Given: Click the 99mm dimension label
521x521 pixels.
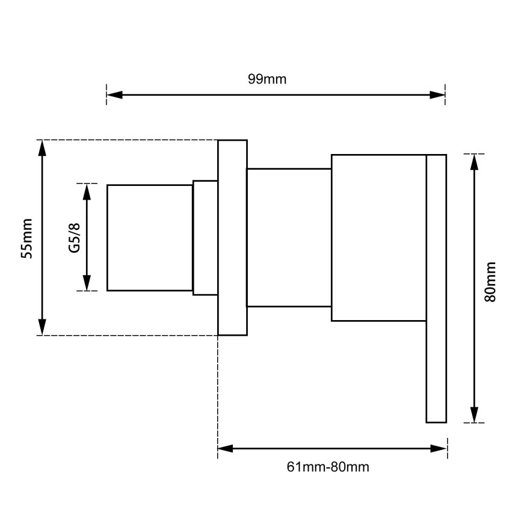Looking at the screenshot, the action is (x=267, y=79).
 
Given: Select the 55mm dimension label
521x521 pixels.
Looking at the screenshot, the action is (x=26, y=238).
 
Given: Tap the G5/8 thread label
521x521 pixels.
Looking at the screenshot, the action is (x=75, y=238).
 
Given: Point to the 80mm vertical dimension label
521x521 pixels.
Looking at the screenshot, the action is (x=490, y=282).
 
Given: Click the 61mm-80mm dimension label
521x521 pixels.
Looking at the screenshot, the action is (x=328, y=467).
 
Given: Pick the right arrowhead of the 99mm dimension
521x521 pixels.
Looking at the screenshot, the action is (x=437, y=94).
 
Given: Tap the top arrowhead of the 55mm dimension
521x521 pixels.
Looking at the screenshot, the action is (x=42, y=148).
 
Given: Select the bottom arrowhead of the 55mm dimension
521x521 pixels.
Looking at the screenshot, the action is (x=42, y=327).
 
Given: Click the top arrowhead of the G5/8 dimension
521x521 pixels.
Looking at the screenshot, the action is (x=87, y=192).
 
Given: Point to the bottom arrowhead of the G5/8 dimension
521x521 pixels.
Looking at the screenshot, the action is (x=87, y=283).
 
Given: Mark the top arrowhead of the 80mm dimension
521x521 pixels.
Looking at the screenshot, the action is (x=475, y=162).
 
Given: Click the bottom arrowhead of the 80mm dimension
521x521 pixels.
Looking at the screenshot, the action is (x=475, y=415).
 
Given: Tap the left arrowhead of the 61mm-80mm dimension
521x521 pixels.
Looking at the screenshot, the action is (x=226, y=449).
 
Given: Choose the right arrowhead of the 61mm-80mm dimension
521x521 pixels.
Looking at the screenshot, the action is (x=439, y=449).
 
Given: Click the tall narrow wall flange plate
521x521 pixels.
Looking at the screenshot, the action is (x=233, y=238).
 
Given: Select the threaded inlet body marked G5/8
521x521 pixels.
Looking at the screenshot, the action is (x=150, y=238).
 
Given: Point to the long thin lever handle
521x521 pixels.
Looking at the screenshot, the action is (x=436, y=289).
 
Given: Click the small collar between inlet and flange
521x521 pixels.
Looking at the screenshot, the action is (x=205, y=238).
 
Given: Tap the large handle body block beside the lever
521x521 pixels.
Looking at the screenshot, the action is (x=379, y=238).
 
